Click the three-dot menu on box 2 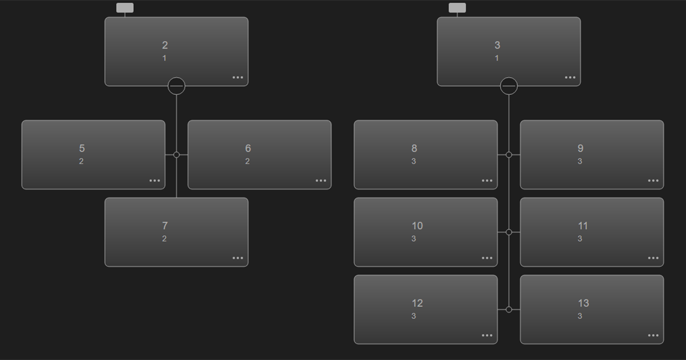[x=238, y=78]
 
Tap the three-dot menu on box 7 [x=238, y=258]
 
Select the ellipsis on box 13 [x=653, y=335]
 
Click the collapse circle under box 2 [x=177, y=86]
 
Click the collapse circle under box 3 [x=509, y=86]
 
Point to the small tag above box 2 [x=125, y=7]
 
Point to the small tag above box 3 [x=457, y=7]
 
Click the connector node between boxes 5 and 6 [x=177, y=155]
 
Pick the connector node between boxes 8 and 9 [x=509, y=155]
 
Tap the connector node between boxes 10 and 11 [x=509, y=232]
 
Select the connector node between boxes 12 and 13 [x=509, y=310]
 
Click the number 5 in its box [x=82, y=149]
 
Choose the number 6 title [x=248, y=149]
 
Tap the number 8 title [x=414, y=149]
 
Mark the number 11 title [x=583, y=226]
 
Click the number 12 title [x=417, y=303]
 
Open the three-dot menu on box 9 [x=653, y=181]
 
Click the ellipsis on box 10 [x=486, y=258]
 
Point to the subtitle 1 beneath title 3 [x=497, y=58]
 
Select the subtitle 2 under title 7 [x=164, y=239]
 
